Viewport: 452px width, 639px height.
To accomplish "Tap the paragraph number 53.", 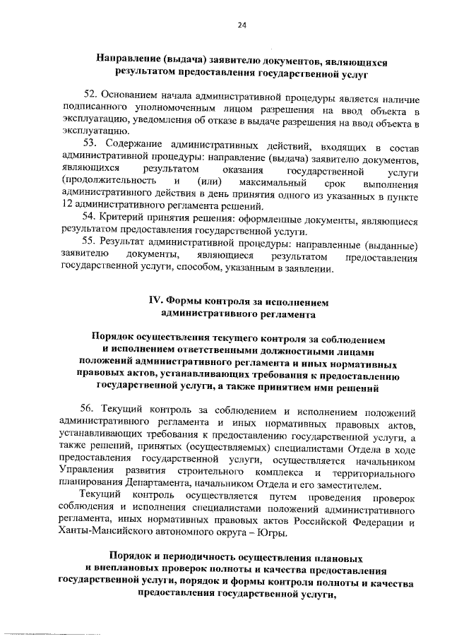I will point(90,146).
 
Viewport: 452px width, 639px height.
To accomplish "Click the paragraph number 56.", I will point(90,411).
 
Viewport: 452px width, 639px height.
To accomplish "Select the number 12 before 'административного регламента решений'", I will point(67,206).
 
